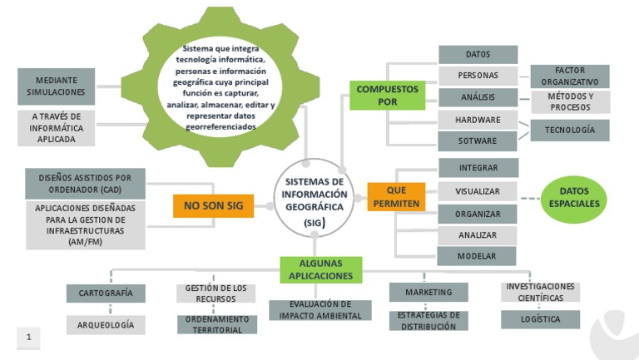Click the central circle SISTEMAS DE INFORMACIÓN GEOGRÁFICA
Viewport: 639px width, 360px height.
314,199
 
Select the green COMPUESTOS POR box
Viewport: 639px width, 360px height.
387,95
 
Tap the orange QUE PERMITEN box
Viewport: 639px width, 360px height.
396,197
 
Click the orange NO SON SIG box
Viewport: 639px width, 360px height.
213,205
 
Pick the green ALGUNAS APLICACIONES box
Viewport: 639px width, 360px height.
320,269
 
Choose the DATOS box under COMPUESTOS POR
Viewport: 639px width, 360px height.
478,55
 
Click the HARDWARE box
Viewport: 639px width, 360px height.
478,120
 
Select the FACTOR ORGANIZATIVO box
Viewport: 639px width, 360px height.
570,76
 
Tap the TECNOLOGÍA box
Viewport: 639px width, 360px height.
570,131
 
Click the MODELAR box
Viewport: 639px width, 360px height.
477,256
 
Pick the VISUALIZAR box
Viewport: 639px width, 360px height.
477,191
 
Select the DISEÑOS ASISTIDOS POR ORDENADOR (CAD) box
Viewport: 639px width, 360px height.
86,184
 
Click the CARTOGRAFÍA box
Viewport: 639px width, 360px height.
106,293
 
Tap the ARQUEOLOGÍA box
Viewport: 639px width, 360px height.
106,325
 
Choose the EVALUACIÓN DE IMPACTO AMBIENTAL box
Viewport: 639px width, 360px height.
320,310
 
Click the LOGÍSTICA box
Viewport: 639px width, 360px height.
540,319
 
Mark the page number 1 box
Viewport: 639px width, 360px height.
28,338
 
